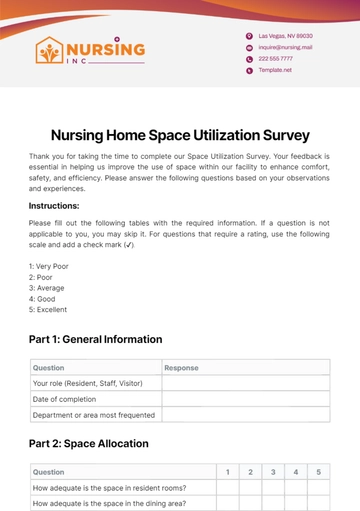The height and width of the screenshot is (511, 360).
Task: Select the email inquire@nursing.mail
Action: tap(285, 47)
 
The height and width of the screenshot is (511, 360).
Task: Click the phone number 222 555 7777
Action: tap(277, 59)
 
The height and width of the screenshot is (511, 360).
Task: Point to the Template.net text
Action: tap(274, 71)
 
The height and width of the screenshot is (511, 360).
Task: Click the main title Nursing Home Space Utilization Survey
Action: tap(180, 134)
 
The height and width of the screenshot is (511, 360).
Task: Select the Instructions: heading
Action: tap(62, 206)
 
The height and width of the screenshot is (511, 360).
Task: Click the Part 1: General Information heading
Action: tap(95, 340)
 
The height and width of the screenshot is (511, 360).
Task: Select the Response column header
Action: tap(181, 367)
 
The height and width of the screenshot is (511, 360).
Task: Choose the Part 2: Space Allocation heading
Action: tap(89, 443)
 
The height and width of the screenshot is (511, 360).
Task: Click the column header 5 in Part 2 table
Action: tap(317, 471)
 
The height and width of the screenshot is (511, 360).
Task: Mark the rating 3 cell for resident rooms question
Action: tap(272, 487)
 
